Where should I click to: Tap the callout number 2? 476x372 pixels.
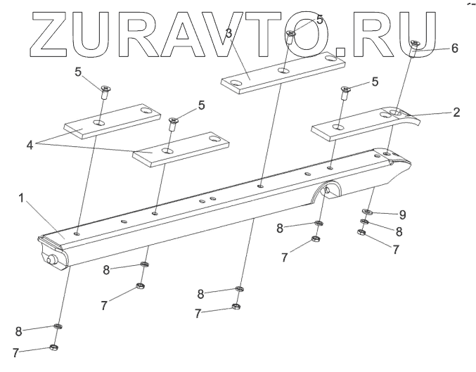pos(456,113)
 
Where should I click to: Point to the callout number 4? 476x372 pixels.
pos(29,146)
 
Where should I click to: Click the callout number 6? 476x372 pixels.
pos(454,49)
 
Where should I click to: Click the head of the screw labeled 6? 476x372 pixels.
pos(415,44)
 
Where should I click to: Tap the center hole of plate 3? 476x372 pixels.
pos(283,71)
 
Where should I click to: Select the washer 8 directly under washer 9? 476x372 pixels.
pos(364,222)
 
